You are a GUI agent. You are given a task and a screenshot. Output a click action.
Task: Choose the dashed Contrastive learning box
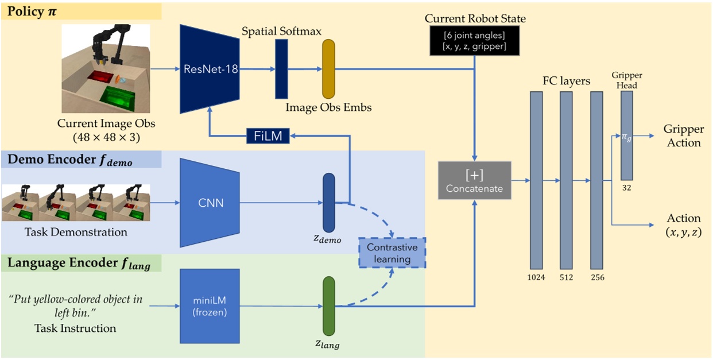[x=392, y=253]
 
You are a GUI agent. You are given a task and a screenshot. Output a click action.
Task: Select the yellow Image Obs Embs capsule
[x=328, y=69]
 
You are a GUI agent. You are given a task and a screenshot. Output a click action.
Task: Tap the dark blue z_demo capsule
[x=328, y=202]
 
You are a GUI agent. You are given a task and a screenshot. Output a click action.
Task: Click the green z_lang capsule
[x=328, y=305]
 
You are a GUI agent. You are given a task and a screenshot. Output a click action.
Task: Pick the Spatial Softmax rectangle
[x=281, y=69]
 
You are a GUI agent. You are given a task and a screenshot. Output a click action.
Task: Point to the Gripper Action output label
[x=682, y=136]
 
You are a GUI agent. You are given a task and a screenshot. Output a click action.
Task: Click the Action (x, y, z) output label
[x=683, y=225]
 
